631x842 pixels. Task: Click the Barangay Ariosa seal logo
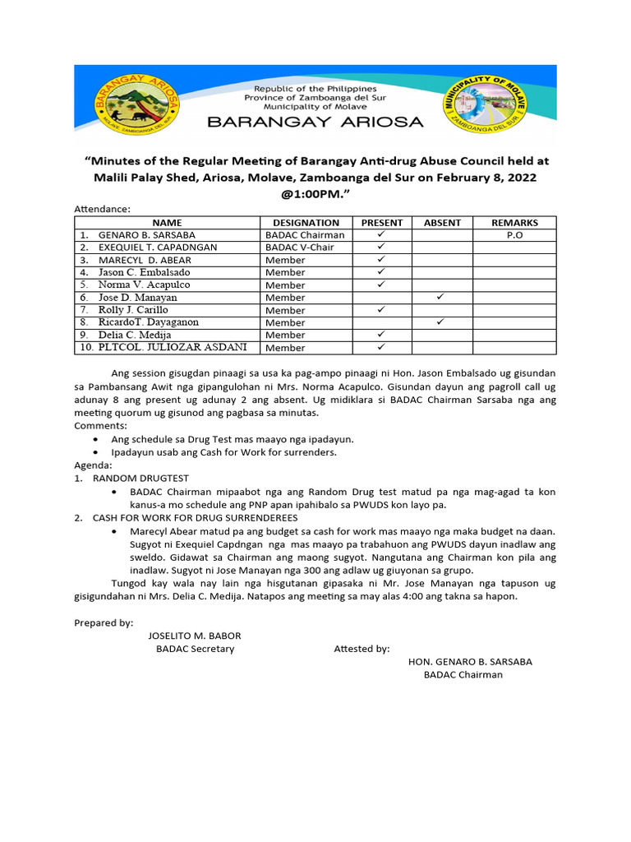(136, 105)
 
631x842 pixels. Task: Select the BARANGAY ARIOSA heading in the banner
(315, 123)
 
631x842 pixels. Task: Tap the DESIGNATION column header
(306, 223)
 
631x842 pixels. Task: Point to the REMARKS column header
(514, 223)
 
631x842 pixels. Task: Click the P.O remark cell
(514, 235)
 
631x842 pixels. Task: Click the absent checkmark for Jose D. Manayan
(441, 297)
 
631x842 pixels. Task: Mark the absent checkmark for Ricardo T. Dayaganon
(441, 322)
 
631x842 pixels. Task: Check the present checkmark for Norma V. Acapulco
(381, 285)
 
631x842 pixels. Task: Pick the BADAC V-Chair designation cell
(300, 248)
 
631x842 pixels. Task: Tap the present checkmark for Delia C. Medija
(381, 335)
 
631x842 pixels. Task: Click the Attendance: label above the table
(102, 210)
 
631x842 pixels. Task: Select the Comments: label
(100, 426)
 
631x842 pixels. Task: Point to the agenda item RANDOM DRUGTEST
(140, 478)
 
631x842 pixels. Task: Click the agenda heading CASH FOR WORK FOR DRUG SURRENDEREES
(195, 518)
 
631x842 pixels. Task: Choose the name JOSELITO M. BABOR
(195, 636)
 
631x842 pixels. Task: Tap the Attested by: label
(362, 649)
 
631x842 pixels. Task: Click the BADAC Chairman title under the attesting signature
(463, 675)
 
